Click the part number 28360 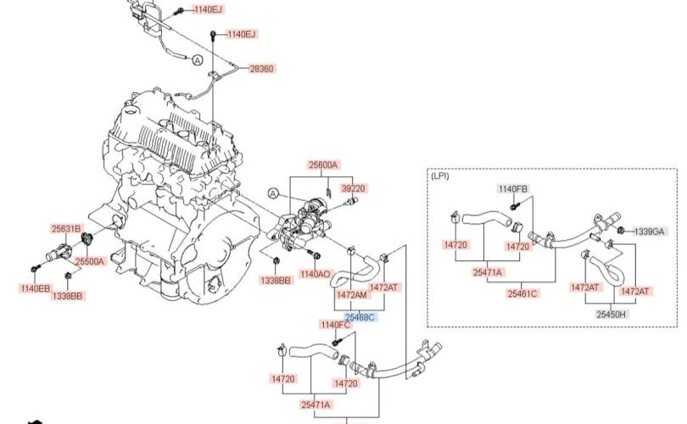(x=261, y=69)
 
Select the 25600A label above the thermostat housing (x=323, y=165)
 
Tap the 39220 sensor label (x=353, y=188)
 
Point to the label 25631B (x=66, y=228)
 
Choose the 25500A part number (x=90, y=261)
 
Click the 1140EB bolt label (x=35, y=288)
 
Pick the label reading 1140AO (x=315, y=274)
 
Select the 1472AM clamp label (x=351, y=295)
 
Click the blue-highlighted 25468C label (x=360, y=317)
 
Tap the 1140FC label (x=336, y=325)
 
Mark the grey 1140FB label (x=513, y=189)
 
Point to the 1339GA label (x=650, y=232)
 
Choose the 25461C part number (x=522, y=293)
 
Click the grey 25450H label (x=612, y=314)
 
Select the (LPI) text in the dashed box (x=440, y=176)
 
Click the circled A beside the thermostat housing (x=273, y=193)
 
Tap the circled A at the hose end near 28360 (x=198, y=60)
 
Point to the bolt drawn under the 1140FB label (x=513, y=205)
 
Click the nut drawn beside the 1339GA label (x=621, y=230)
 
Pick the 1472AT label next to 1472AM (x=384, y=287)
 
